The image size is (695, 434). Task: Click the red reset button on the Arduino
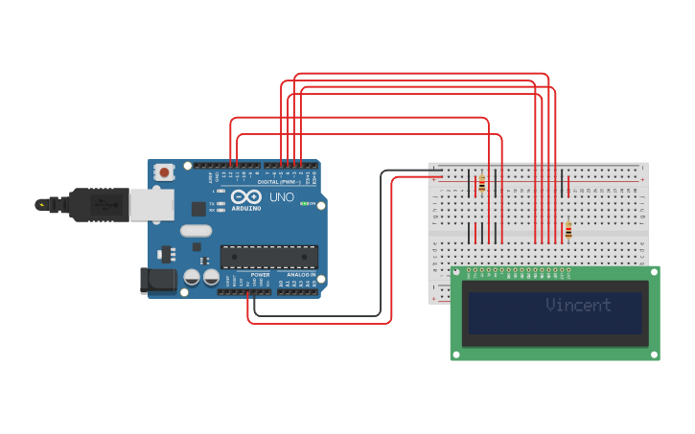click(165, 172)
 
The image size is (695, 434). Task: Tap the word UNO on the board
click(282, 197)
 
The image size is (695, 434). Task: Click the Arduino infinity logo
click(245, 196)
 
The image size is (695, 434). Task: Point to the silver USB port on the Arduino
click(151, 204)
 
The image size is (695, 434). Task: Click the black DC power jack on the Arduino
click(158, 280)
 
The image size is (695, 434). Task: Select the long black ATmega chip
click(269, 257)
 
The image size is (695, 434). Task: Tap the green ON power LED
click(304, 203)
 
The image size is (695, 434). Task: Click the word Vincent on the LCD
click(578, 306)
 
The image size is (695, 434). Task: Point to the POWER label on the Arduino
click(260, 275)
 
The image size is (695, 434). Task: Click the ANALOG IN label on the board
click(301, 275)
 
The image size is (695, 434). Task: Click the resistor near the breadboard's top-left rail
click(482, 184)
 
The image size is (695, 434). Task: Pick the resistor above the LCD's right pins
click(568, 231)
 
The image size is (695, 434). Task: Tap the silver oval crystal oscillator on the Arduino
click(196, 230)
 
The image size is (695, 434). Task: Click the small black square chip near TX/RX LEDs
click(198, 208)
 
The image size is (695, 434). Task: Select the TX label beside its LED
click(212, 202)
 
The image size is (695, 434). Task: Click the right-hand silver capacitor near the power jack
click(211, 277)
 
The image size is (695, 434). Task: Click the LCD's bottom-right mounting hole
click(653, 354)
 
